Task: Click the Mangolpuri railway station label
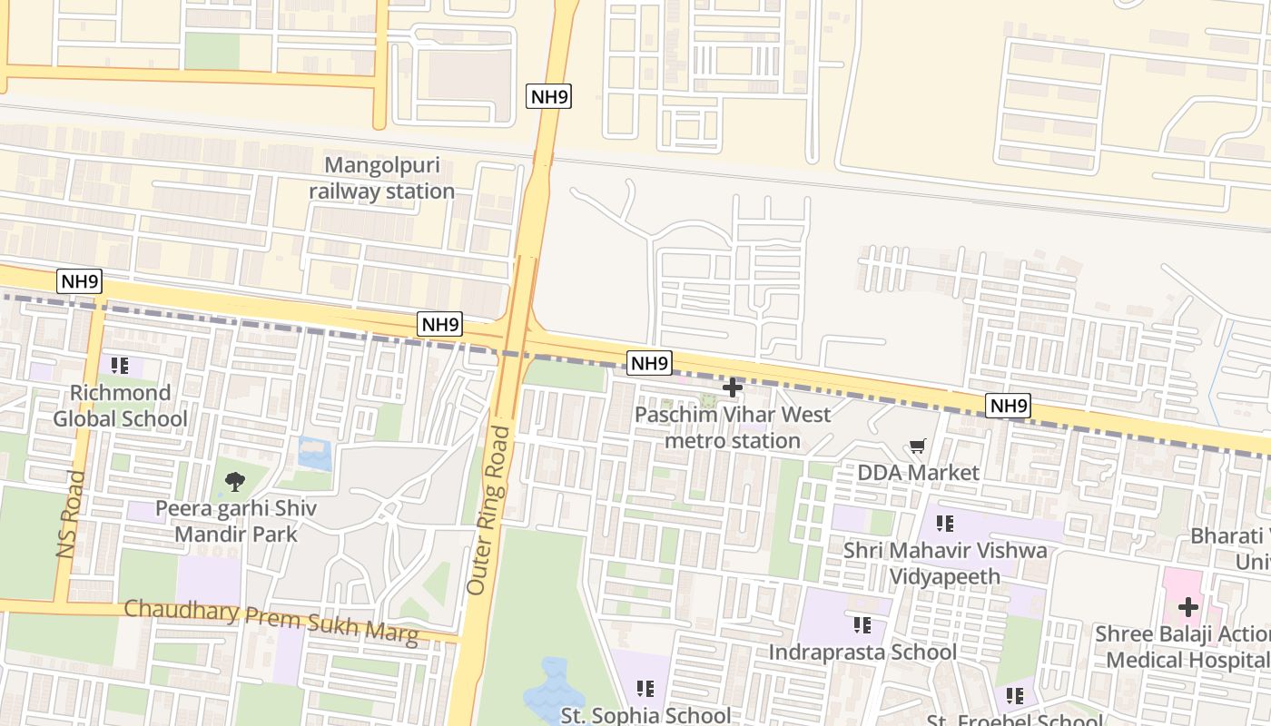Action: coord(381,179)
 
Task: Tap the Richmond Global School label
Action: coord(120,406)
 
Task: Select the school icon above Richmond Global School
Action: coord(120,366)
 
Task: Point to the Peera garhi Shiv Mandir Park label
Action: coord(236,521)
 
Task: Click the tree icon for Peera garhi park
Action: coord(235,482)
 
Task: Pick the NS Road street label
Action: coord(70,515)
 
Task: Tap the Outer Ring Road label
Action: coord(491,510)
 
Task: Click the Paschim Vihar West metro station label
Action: coord(733,427)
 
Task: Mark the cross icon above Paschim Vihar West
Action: coord(732,388)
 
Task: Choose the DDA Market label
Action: coord(919,473)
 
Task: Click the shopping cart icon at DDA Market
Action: coord(917,446)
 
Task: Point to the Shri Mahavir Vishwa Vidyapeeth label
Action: coord(945,564)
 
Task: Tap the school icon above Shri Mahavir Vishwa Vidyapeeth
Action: coord(945,524)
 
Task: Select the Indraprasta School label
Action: coord(862,652)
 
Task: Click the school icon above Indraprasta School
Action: coord(862,624)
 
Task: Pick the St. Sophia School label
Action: coord(645,715)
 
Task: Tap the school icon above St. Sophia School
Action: coord(645,689)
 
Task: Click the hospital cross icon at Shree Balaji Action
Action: coord(1188,607)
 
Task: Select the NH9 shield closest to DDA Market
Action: coord(1008,406)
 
